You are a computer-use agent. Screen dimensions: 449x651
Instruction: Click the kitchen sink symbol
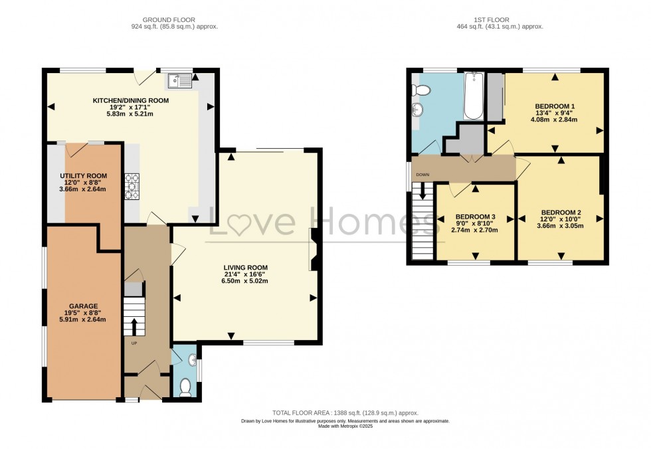click(x=180, y=81)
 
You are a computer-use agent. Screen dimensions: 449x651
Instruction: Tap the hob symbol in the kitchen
click(x=133, y=186)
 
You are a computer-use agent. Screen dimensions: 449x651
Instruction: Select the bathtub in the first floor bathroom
click(x=473, y=96)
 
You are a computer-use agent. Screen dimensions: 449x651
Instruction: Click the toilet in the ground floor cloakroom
click(x=185, y=387)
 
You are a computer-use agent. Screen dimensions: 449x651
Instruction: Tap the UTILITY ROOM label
click(x=83, y=175)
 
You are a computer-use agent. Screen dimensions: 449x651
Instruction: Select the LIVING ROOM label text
click(x=246, y=268)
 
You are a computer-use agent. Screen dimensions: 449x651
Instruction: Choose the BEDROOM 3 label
click(x=475, y=217)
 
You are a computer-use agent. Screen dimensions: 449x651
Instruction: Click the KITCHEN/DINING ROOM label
click(x=130, y=100)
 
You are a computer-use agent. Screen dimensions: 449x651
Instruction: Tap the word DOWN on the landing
click(x=423, y=175)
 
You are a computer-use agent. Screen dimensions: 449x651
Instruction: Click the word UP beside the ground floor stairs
click(x=134, y=343)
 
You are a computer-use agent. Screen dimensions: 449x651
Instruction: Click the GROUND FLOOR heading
click(x=174, y=19)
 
